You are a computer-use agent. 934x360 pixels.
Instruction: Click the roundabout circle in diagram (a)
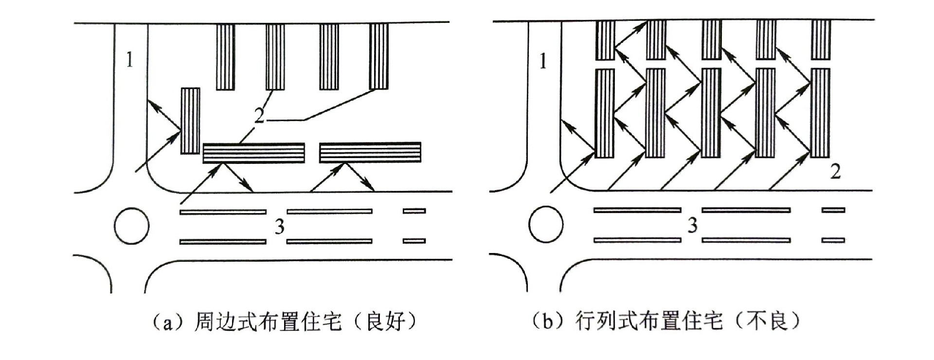(132, 226)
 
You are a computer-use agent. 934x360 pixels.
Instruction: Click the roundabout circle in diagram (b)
(546, 224)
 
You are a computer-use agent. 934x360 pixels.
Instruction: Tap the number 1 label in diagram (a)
(129, 60)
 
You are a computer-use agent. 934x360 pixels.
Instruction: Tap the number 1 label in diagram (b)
(543, 62)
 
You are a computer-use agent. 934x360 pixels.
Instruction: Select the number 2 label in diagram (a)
(259, 116)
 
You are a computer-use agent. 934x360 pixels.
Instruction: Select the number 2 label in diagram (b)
(835, 172)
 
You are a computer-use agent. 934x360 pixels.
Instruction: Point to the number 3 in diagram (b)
(692, 225)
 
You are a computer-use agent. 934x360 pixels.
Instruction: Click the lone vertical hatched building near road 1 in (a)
(190, 121)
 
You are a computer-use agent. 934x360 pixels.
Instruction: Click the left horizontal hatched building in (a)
(253, 153)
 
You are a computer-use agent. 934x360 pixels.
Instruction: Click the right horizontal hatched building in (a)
(370, 152)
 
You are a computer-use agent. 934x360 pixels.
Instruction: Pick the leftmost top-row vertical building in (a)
(225, 57)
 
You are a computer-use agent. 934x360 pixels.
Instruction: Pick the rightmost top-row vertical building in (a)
(378, 56)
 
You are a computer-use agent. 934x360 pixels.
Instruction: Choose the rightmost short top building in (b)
(821, 40)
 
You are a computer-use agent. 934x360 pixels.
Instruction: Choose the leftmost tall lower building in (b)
(605, 113)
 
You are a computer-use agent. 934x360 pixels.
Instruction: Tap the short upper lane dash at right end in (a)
(414, 211)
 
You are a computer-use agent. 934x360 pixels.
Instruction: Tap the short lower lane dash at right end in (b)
(833, 240)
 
